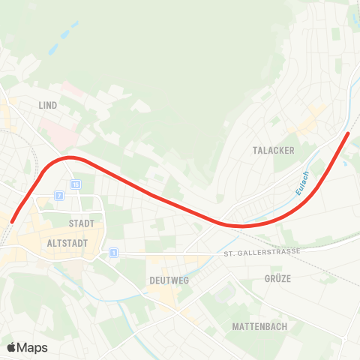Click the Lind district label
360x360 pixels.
point(48,106)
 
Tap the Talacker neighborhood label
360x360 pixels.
point(274,150)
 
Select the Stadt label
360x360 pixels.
point(81,223)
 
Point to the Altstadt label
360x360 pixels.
point(67,244)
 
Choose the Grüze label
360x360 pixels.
point(277,278)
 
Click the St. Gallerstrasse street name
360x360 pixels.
point(262,251)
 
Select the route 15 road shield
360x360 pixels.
point(76,184)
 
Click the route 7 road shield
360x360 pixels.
point(58,196)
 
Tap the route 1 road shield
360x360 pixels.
point(113,253)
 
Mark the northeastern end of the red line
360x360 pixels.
point(348,134)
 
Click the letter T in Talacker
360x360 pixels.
point(256,150)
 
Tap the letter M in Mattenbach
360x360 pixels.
point(235,326)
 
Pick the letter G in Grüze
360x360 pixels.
point(267,278)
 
